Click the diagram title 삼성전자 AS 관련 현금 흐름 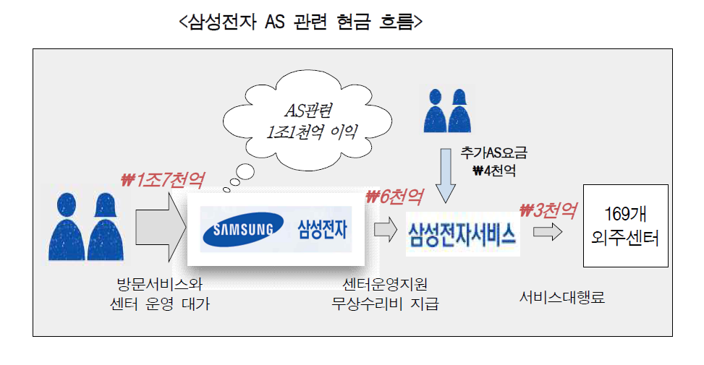pos(301,22)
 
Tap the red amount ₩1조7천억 pos(163,180)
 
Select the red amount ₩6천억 pos(394,197)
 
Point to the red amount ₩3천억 pos(548,210)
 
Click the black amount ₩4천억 pos(494,171)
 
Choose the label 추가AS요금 pos(493,153)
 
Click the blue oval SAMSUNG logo pos(243,230)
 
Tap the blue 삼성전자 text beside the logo pos(323,229)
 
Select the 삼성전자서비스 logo pos(462,234)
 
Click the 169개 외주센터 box pos(625,226)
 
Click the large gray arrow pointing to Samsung pos(161,228)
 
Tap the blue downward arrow pos(446,176)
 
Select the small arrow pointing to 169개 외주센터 pos(548,232)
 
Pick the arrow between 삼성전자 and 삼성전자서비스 pos(386,229)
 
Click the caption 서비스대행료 pos(562,297)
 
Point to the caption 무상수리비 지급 pos(385,304)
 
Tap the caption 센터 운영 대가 pos(160,304)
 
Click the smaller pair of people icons pos(447,111)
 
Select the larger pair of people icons pos(86,226)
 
